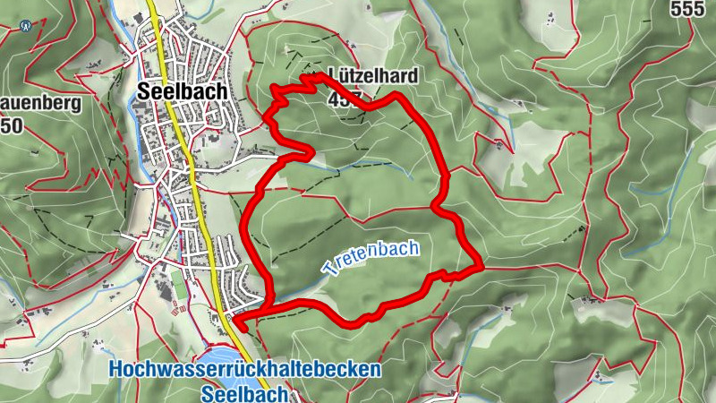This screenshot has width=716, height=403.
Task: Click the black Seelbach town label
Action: click(183, 90)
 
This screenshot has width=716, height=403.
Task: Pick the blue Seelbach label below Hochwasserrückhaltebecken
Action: click(243, 393)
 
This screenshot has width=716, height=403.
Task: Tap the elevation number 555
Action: click(692, 9)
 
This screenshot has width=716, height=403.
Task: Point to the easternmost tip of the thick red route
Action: click(482, 266)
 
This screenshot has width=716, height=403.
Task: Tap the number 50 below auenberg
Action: click(11, 124)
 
